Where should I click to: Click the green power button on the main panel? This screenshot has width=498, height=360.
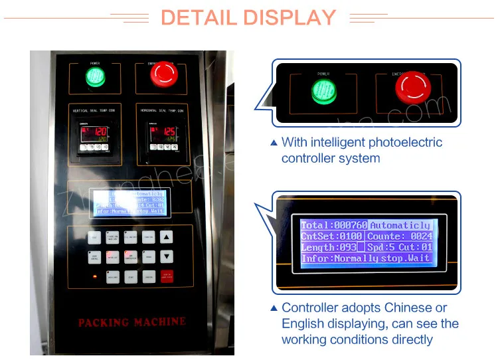point(96,76)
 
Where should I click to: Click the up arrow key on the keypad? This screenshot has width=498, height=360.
point(167,237)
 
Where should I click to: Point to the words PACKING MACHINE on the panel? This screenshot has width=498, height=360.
point(132,323)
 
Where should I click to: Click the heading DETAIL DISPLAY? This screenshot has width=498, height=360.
point(248,17)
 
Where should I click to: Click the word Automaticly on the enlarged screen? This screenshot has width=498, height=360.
point(400,226)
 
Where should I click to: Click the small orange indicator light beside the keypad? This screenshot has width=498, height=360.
point(94,276)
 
